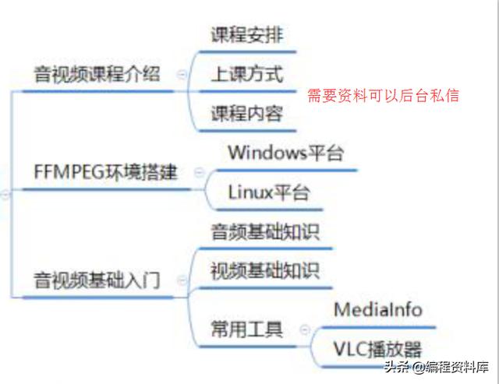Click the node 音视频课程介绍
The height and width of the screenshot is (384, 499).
[97, 75]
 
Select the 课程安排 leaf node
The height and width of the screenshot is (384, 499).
[247, 35]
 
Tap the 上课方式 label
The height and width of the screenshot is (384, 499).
[247, 75]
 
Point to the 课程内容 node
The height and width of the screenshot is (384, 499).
[247, 114]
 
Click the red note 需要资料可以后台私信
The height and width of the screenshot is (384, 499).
[383, 95]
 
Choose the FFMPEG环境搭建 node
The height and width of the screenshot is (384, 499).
[106, 172]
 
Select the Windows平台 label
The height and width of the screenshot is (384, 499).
[285, 152]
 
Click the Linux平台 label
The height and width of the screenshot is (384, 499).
[269, 192]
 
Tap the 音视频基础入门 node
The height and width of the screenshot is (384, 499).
[97, 280]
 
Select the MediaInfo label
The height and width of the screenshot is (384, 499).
[378, 309]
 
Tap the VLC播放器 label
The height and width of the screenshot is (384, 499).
[378, 348]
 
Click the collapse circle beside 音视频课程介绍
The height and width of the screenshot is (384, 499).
[182, 75]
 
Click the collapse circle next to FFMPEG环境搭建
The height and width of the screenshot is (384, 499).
[200, 172]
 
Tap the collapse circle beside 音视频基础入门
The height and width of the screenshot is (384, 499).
[182, 280]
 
